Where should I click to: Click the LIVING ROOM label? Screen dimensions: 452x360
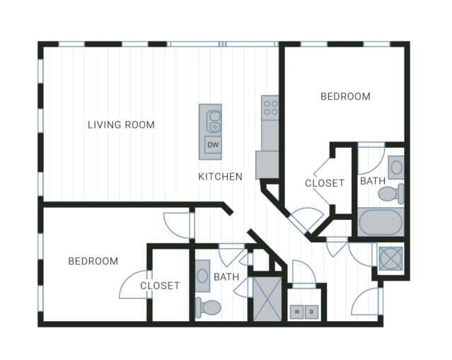tap(121, 124)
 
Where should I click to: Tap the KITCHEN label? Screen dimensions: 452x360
tap(220, 176)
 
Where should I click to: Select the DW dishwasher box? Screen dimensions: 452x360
tap(213, 145)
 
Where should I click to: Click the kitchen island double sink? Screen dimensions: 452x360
tap(214, 122)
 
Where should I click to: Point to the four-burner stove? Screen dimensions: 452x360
tap(270, 108)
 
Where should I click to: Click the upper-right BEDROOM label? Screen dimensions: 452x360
tap(345, 96)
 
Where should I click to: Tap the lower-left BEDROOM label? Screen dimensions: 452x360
tap(93, 261)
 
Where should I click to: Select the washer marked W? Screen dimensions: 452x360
tap(296, 312)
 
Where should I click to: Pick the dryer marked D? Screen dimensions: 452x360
tap(311, 312)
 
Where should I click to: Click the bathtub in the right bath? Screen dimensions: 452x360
tap(381, 222)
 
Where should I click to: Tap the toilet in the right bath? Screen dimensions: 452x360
tap(391, 193)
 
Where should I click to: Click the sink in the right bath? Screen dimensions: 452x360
tap(396, 168)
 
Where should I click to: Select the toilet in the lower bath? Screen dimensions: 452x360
tap(208, 308)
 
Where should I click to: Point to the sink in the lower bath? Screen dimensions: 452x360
tap(202, 276)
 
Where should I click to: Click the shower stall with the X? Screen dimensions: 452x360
tap(267, 299)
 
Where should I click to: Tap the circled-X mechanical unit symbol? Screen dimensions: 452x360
tap(390, 259)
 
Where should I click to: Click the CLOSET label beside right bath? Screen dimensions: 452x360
tap(325, 183)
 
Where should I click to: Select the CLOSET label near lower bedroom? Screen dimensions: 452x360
tap(160, 286)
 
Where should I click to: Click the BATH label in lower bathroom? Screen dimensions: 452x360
tap(226, 277)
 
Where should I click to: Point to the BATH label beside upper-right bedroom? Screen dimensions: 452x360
tap(373, 181)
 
